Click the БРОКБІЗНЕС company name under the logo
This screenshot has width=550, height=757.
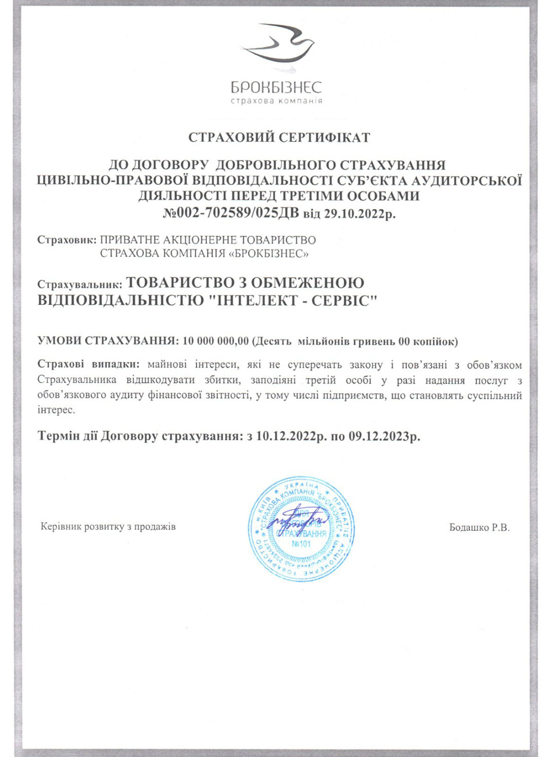(277, 88)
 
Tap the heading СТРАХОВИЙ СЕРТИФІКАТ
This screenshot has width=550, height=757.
(279, 137)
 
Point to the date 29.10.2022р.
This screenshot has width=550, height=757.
(359, 214)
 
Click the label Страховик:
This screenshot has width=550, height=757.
(67, 240)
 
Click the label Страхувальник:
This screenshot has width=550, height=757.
(80, 284)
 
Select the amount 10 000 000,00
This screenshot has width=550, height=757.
(215, 341)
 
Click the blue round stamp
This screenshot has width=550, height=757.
(301, 528)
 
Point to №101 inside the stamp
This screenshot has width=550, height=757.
(301, 544)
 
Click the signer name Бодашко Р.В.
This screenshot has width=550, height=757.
(479, 528)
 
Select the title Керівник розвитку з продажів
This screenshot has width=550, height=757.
(108, 527)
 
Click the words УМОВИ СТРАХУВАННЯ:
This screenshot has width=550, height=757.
(108, 341)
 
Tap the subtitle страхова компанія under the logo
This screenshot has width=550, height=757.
(277, 101)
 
